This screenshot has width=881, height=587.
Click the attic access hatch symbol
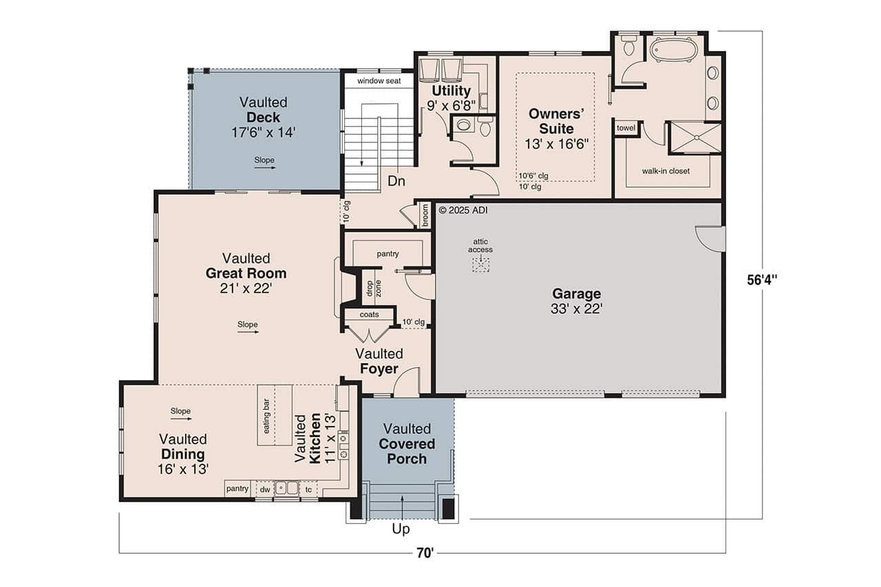(480, 265)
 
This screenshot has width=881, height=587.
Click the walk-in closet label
(666, 171)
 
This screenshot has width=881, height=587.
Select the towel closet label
(626, 128)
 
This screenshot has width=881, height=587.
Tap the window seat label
(378, 81)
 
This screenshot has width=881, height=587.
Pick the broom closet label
(425, 215)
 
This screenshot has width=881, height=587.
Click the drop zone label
(373, 288)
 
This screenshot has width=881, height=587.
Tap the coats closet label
(370, 314)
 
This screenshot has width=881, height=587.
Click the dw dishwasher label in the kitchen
(264, 489)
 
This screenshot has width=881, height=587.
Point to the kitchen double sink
(286, 489)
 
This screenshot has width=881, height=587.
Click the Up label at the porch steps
(401, 529)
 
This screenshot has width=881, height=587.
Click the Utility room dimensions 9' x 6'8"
(451, 105)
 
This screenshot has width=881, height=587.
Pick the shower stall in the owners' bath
(695, 136)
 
